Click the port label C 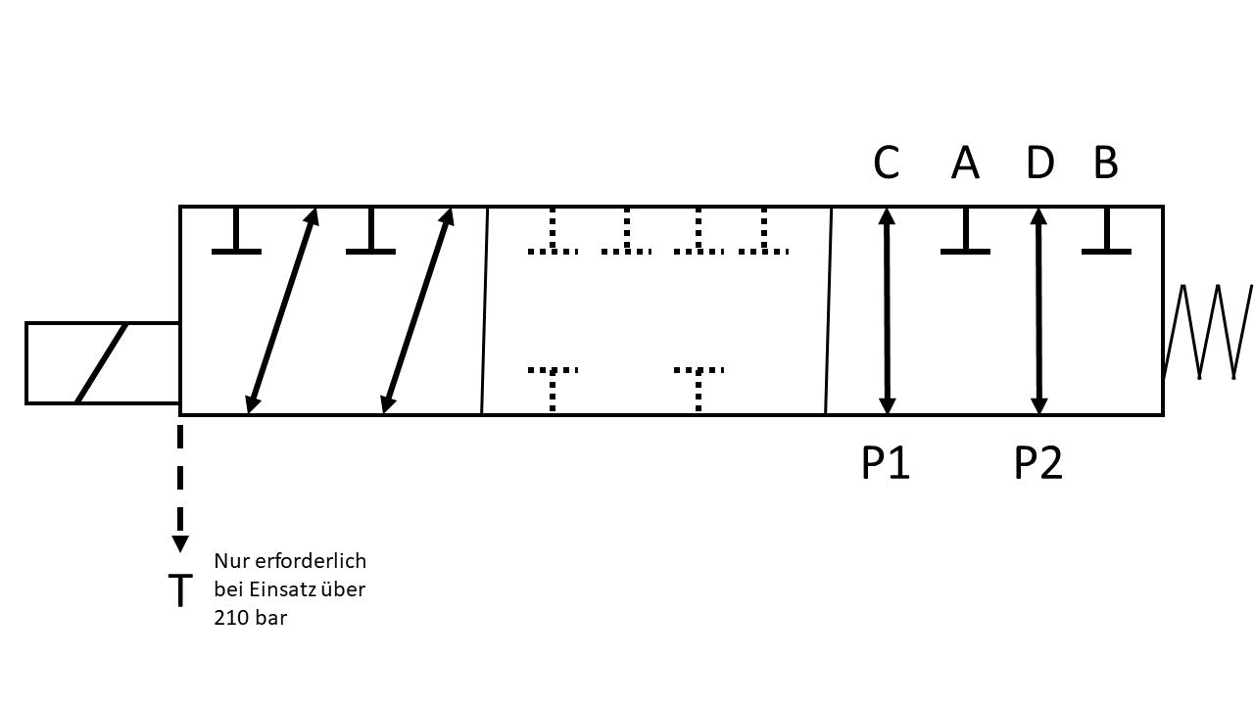(886, 164)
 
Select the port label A (965, 164)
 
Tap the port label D (1039, 164)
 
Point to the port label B (1105, 164)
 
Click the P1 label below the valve (886, 463)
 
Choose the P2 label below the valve (1038, 463)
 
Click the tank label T (180, 590)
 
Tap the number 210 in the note (231, 619)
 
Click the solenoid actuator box (102, 362)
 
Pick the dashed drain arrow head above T (180, 544)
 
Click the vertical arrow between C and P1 (888, 310)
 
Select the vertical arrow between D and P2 (1039, 310)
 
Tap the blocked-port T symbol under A (965, 235)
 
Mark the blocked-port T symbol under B (1106, 235)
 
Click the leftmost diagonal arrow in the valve (282, 310)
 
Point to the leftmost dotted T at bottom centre (554, 387)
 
